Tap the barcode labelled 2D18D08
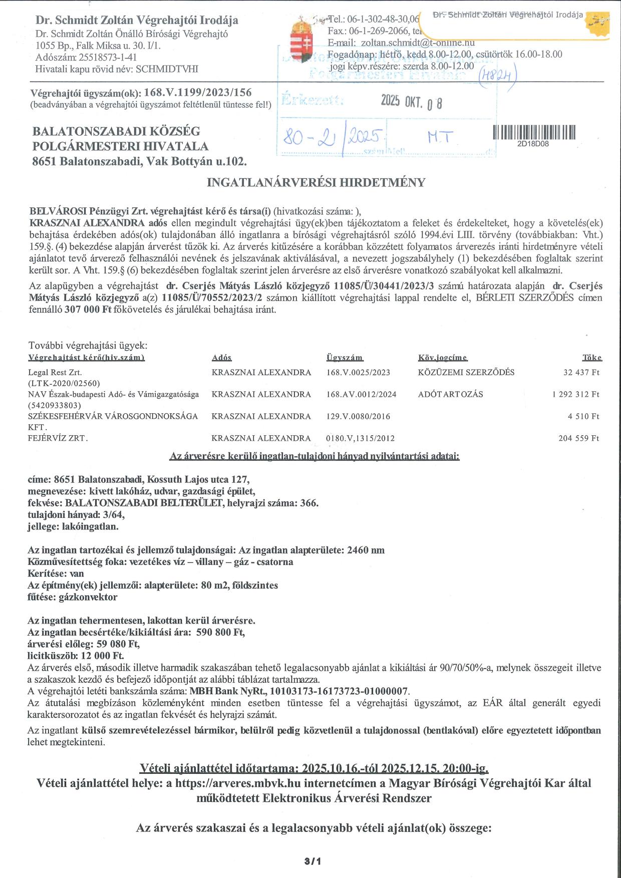tap(534, 132)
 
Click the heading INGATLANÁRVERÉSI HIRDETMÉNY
tap(316, 182)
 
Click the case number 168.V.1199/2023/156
tap(197, 93)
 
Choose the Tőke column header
tap(591, 358)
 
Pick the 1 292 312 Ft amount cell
tap(575, 394)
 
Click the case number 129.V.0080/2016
tap(358, 416)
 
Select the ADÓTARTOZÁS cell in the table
tap(450, 394)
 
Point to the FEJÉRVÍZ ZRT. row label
tap(58, 438)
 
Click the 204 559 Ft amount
tap(578, 438)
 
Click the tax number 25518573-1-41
tap(107, 58)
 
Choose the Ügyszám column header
tap(345, 358)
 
